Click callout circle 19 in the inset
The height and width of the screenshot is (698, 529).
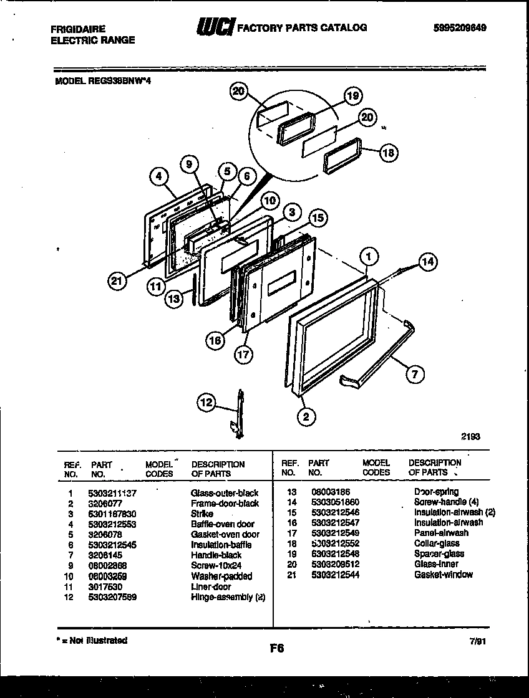353,96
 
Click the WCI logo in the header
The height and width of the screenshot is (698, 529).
215,27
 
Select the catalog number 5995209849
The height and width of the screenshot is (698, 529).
459,28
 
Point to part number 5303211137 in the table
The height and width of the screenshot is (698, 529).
114,493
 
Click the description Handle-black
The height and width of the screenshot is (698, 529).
216,555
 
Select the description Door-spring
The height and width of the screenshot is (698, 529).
436,492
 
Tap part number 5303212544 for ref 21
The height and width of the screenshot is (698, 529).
335,575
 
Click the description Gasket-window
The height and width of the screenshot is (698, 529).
444,575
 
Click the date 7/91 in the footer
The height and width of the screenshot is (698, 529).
478,641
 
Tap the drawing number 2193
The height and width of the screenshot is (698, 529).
471,437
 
